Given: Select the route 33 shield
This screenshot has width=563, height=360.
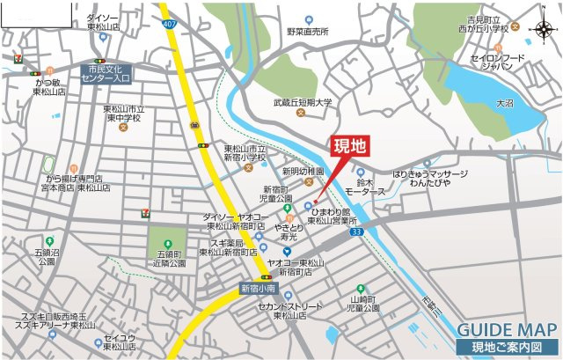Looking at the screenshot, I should (355, 231).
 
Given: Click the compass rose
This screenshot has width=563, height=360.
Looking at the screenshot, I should (543, 30).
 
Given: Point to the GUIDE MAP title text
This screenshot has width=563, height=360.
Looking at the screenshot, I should (506, 330).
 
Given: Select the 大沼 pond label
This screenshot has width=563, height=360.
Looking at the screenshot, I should (504, 104).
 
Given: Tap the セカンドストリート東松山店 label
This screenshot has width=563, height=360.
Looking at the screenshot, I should (296, 310).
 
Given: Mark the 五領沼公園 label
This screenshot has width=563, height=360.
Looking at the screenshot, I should (47, 256).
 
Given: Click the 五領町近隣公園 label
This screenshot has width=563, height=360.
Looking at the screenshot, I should (166, 258).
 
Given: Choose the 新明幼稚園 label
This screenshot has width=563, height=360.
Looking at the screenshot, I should (303, 171).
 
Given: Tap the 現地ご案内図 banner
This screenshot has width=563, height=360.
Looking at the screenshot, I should (507, 349).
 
